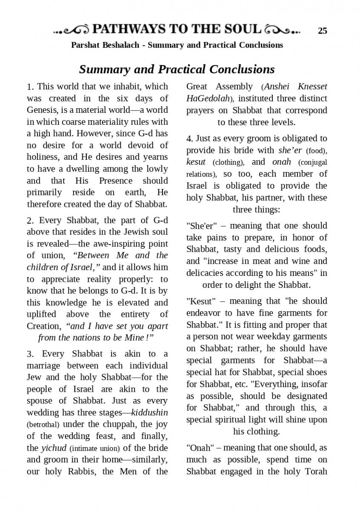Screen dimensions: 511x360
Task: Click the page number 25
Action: (323, 31)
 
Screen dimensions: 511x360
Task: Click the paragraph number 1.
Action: (30, 87)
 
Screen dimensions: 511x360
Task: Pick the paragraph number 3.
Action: (30, 354)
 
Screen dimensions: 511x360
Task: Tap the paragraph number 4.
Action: (189, 139)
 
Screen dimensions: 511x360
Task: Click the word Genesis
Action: (42, 110)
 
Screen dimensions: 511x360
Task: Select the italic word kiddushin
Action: (149, 413)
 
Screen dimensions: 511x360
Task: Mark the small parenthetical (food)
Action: (316, 151)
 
